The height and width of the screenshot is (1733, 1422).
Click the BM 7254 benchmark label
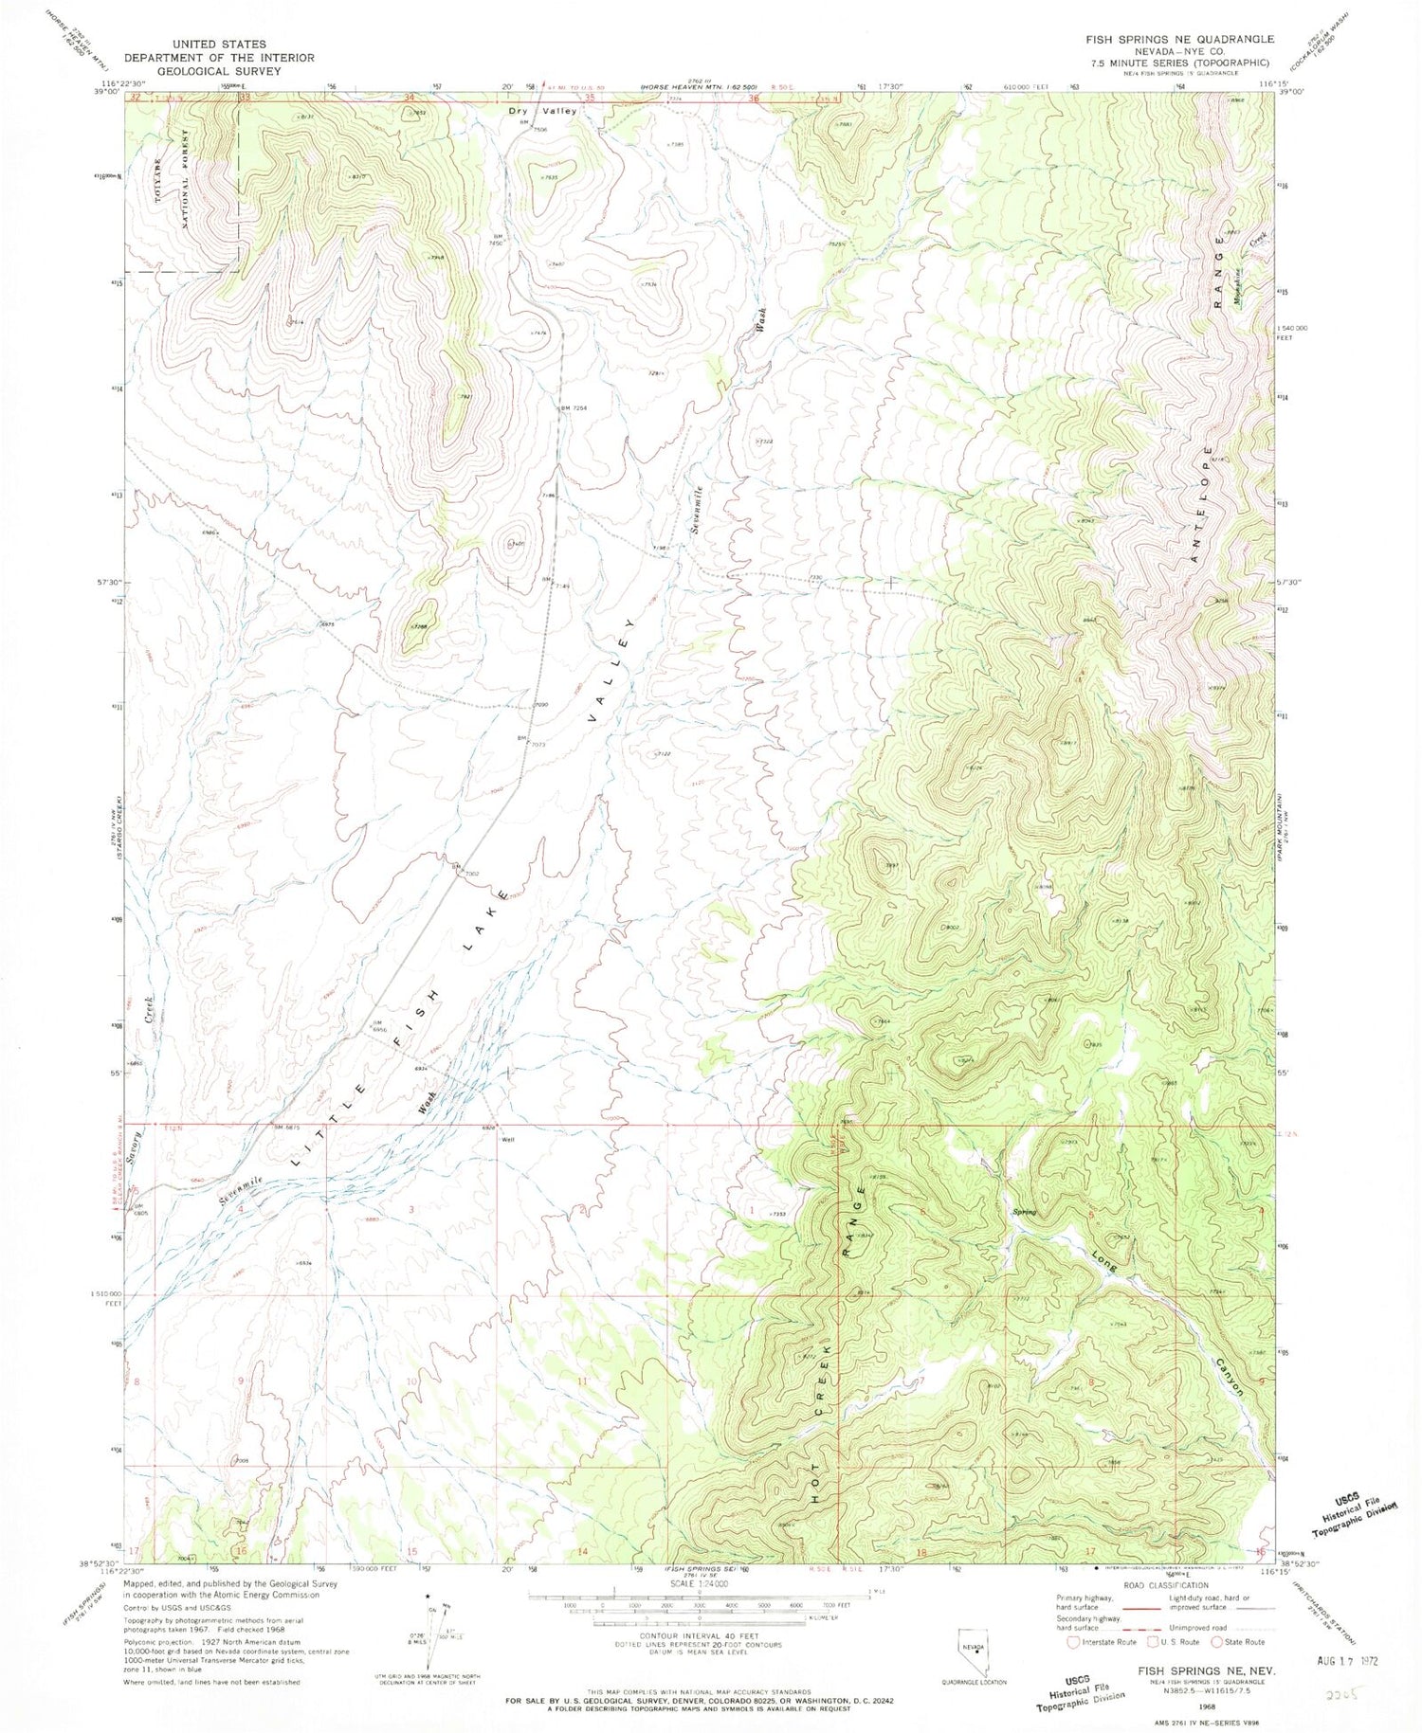[x=574, y=408]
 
